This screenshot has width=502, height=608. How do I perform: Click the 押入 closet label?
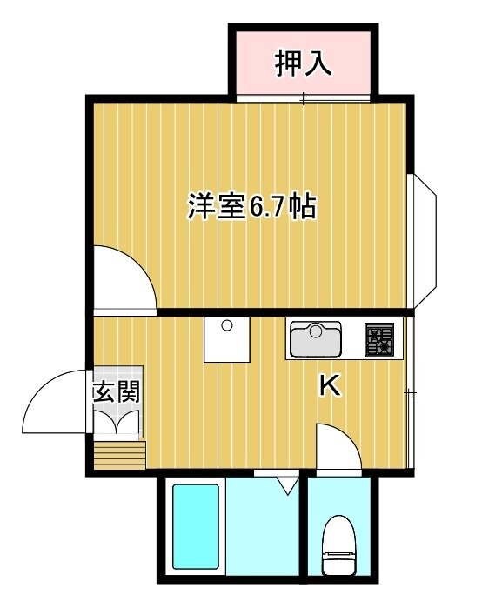point(303,63)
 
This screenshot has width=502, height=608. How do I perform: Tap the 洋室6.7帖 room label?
point(252,206)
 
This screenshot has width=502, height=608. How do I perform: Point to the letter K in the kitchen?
point(330,385)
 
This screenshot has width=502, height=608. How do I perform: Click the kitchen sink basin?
point(316,340)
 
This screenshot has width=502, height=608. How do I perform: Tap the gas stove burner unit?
point(379,339)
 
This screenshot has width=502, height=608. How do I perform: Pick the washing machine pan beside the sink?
point(226,340)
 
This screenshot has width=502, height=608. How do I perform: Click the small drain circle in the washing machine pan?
point(226,325)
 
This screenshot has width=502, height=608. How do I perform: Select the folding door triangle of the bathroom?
point(287,485)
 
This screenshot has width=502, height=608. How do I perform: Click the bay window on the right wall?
point(425,241)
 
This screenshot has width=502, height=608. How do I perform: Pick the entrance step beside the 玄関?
point(120,455)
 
